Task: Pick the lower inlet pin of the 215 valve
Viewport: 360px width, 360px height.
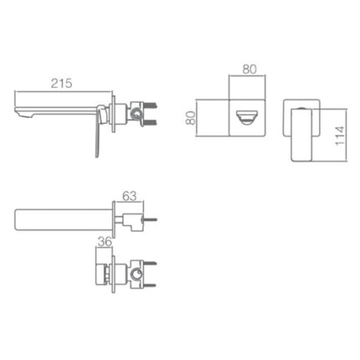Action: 153,118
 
